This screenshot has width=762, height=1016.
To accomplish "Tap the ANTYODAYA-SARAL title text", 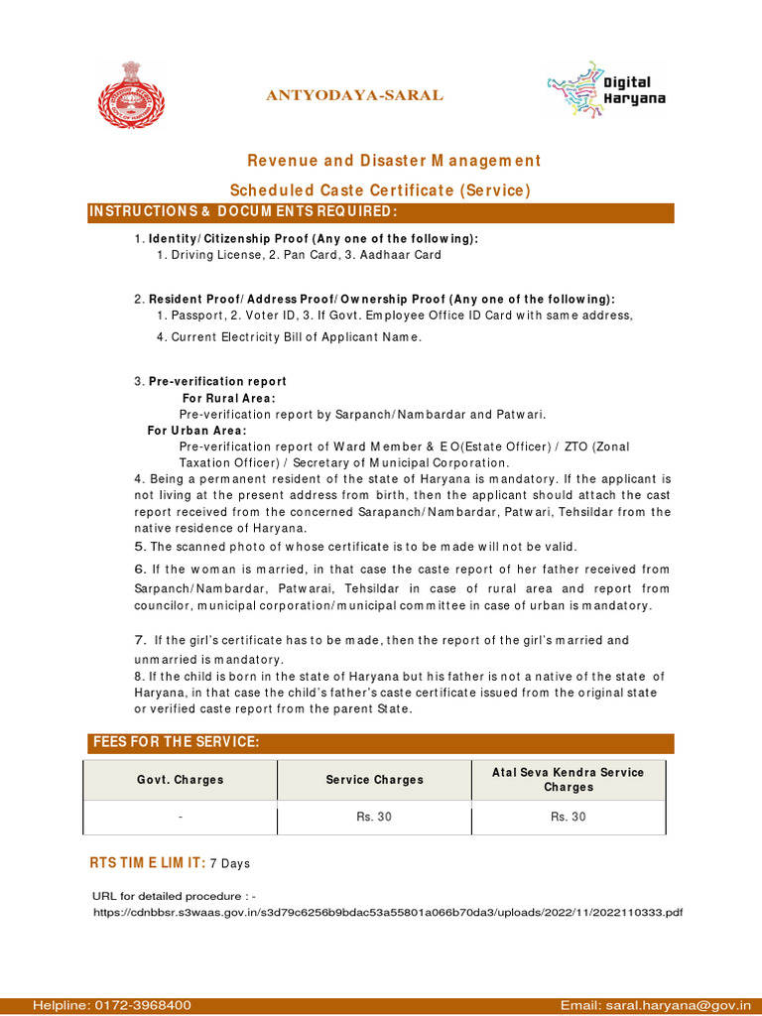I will (x=353, y=95).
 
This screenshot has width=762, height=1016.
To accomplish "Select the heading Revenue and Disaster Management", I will (x=394, y=161).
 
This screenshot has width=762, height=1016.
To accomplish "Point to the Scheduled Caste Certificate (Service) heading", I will (x=380, y=190).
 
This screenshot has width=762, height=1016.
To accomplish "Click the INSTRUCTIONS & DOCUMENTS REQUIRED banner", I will (x=244, y=212).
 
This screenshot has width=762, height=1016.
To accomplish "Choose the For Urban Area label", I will (x=196, y=431).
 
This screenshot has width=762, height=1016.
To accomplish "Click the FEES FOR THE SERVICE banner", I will (x=176, y=743).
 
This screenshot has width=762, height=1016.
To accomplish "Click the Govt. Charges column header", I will (x=181, y=780).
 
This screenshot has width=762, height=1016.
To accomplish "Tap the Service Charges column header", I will (x=374, y=780).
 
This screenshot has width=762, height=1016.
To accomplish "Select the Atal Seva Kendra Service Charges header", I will (x=569, y=780).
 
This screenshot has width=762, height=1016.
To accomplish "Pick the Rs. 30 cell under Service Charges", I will (x=374, y=818).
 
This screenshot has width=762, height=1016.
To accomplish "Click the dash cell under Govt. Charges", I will (x=181, y=818).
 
